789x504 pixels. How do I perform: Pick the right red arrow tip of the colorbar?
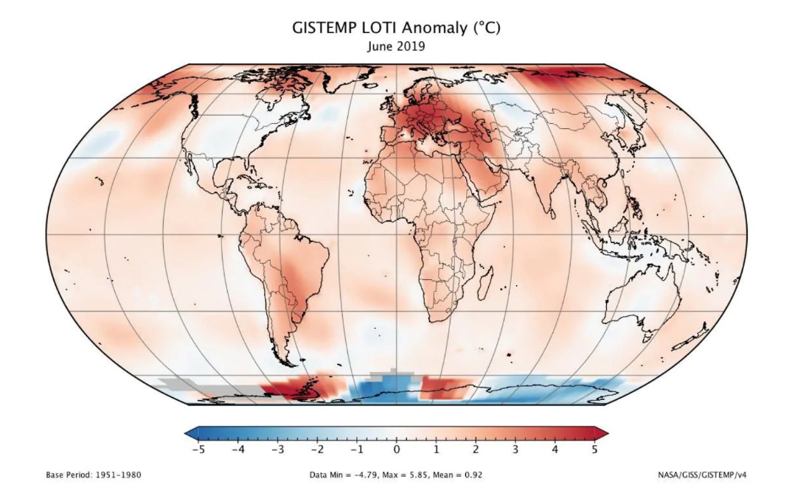click(602, 431)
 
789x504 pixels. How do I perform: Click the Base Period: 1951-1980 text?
click(94, 475)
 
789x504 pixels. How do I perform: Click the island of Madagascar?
click(485, 279)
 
